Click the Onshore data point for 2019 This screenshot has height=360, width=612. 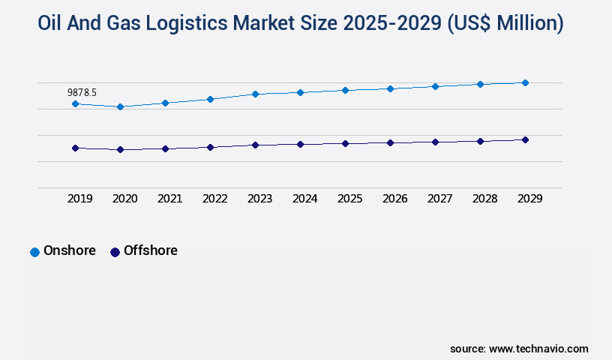pos(75,103)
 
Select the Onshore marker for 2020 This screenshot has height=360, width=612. pos(120,106)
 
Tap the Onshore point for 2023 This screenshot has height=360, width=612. pos(255,94)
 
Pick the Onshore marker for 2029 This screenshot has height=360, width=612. pos(525,82)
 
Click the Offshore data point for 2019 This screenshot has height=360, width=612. pos(75,148)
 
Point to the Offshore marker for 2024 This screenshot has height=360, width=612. pos(300,144)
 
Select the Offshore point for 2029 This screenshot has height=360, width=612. pos(525,139)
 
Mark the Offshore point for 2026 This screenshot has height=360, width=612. pos(390,142)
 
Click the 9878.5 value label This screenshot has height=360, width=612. pos(82,92)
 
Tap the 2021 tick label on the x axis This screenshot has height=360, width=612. pos(169,199)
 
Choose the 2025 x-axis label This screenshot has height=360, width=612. pos(349,199)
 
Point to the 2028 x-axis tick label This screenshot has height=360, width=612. pos(484,199)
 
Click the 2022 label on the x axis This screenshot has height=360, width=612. pos(214,199)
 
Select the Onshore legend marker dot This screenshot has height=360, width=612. pos(34,252)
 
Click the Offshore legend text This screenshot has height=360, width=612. pos(150,250)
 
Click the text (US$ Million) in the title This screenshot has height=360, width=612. pos(505,24)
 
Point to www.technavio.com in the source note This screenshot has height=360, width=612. pos(538,349)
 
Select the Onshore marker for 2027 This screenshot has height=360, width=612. pos(435,86)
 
